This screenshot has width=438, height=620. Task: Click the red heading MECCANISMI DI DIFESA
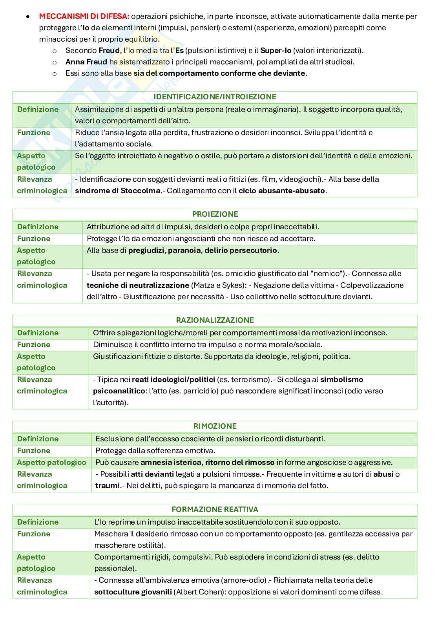pos(84,16)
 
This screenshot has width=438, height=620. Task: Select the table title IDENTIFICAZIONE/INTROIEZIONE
pos(215,97)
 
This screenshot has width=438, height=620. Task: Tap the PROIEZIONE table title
pos(215,214)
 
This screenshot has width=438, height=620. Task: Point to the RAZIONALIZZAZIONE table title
pos(215,320)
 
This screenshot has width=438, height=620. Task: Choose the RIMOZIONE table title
pos(215,426)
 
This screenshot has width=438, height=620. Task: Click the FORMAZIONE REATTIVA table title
pos(215,509)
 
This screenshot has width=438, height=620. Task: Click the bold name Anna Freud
pos(86,62)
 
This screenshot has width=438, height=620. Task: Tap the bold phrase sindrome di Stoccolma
pos(118,191)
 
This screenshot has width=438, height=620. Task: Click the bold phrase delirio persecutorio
pos(241,250)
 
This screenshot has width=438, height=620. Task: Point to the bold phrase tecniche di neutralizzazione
pos(138,285)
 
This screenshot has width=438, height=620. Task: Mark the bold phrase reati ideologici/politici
pos(173,379)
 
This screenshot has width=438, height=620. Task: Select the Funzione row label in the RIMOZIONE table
pos(34,450)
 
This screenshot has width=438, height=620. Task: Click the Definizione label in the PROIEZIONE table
pos(38,227)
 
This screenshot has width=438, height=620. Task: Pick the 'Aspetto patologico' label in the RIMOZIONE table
pos(51,462)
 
